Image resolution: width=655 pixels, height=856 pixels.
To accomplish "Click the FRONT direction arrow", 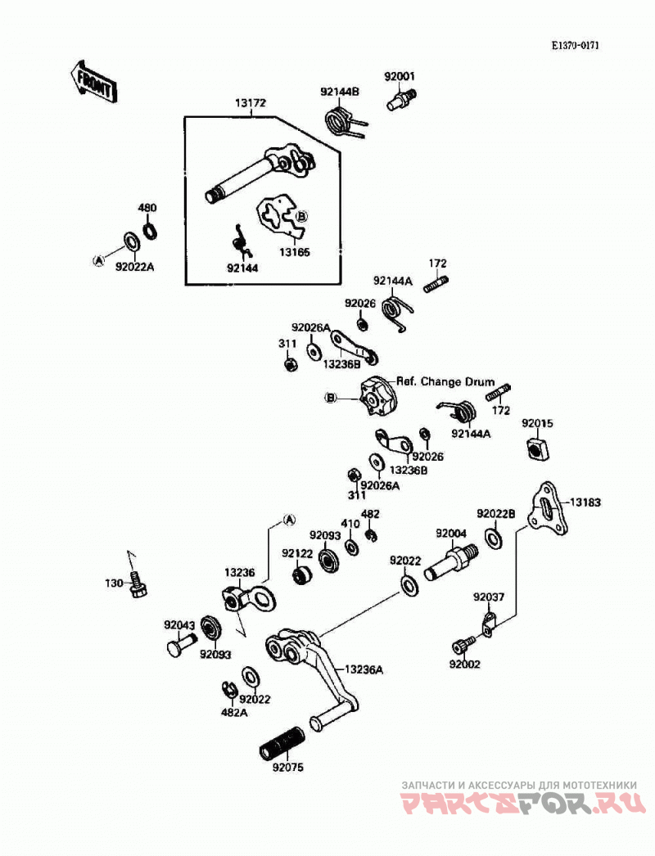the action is (92, 83).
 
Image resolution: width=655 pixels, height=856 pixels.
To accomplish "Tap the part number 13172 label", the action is (251, 103).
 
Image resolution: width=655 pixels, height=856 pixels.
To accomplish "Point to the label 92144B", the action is (340, 92).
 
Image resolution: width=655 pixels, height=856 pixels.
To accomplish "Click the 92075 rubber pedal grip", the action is (282, 742).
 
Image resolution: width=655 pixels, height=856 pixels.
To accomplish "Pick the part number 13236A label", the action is (364, 670).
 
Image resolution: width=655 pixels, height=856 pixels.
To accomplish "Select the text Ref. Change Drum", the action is (445, 382).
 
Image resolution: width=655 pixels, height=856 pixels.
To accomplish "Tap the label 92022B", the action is (496, 514).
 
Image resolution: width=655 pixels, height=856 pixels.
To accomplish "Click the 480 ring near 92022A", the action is (150, 230).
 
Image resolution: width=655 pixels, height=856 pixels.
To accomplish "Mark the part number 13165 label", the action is (295, 252).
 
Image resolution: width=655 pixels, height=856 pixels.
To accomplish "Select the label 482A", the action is (234, 713).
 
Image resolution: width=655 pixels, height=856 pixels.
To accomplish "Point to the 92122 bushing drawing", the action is (301, 574).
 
